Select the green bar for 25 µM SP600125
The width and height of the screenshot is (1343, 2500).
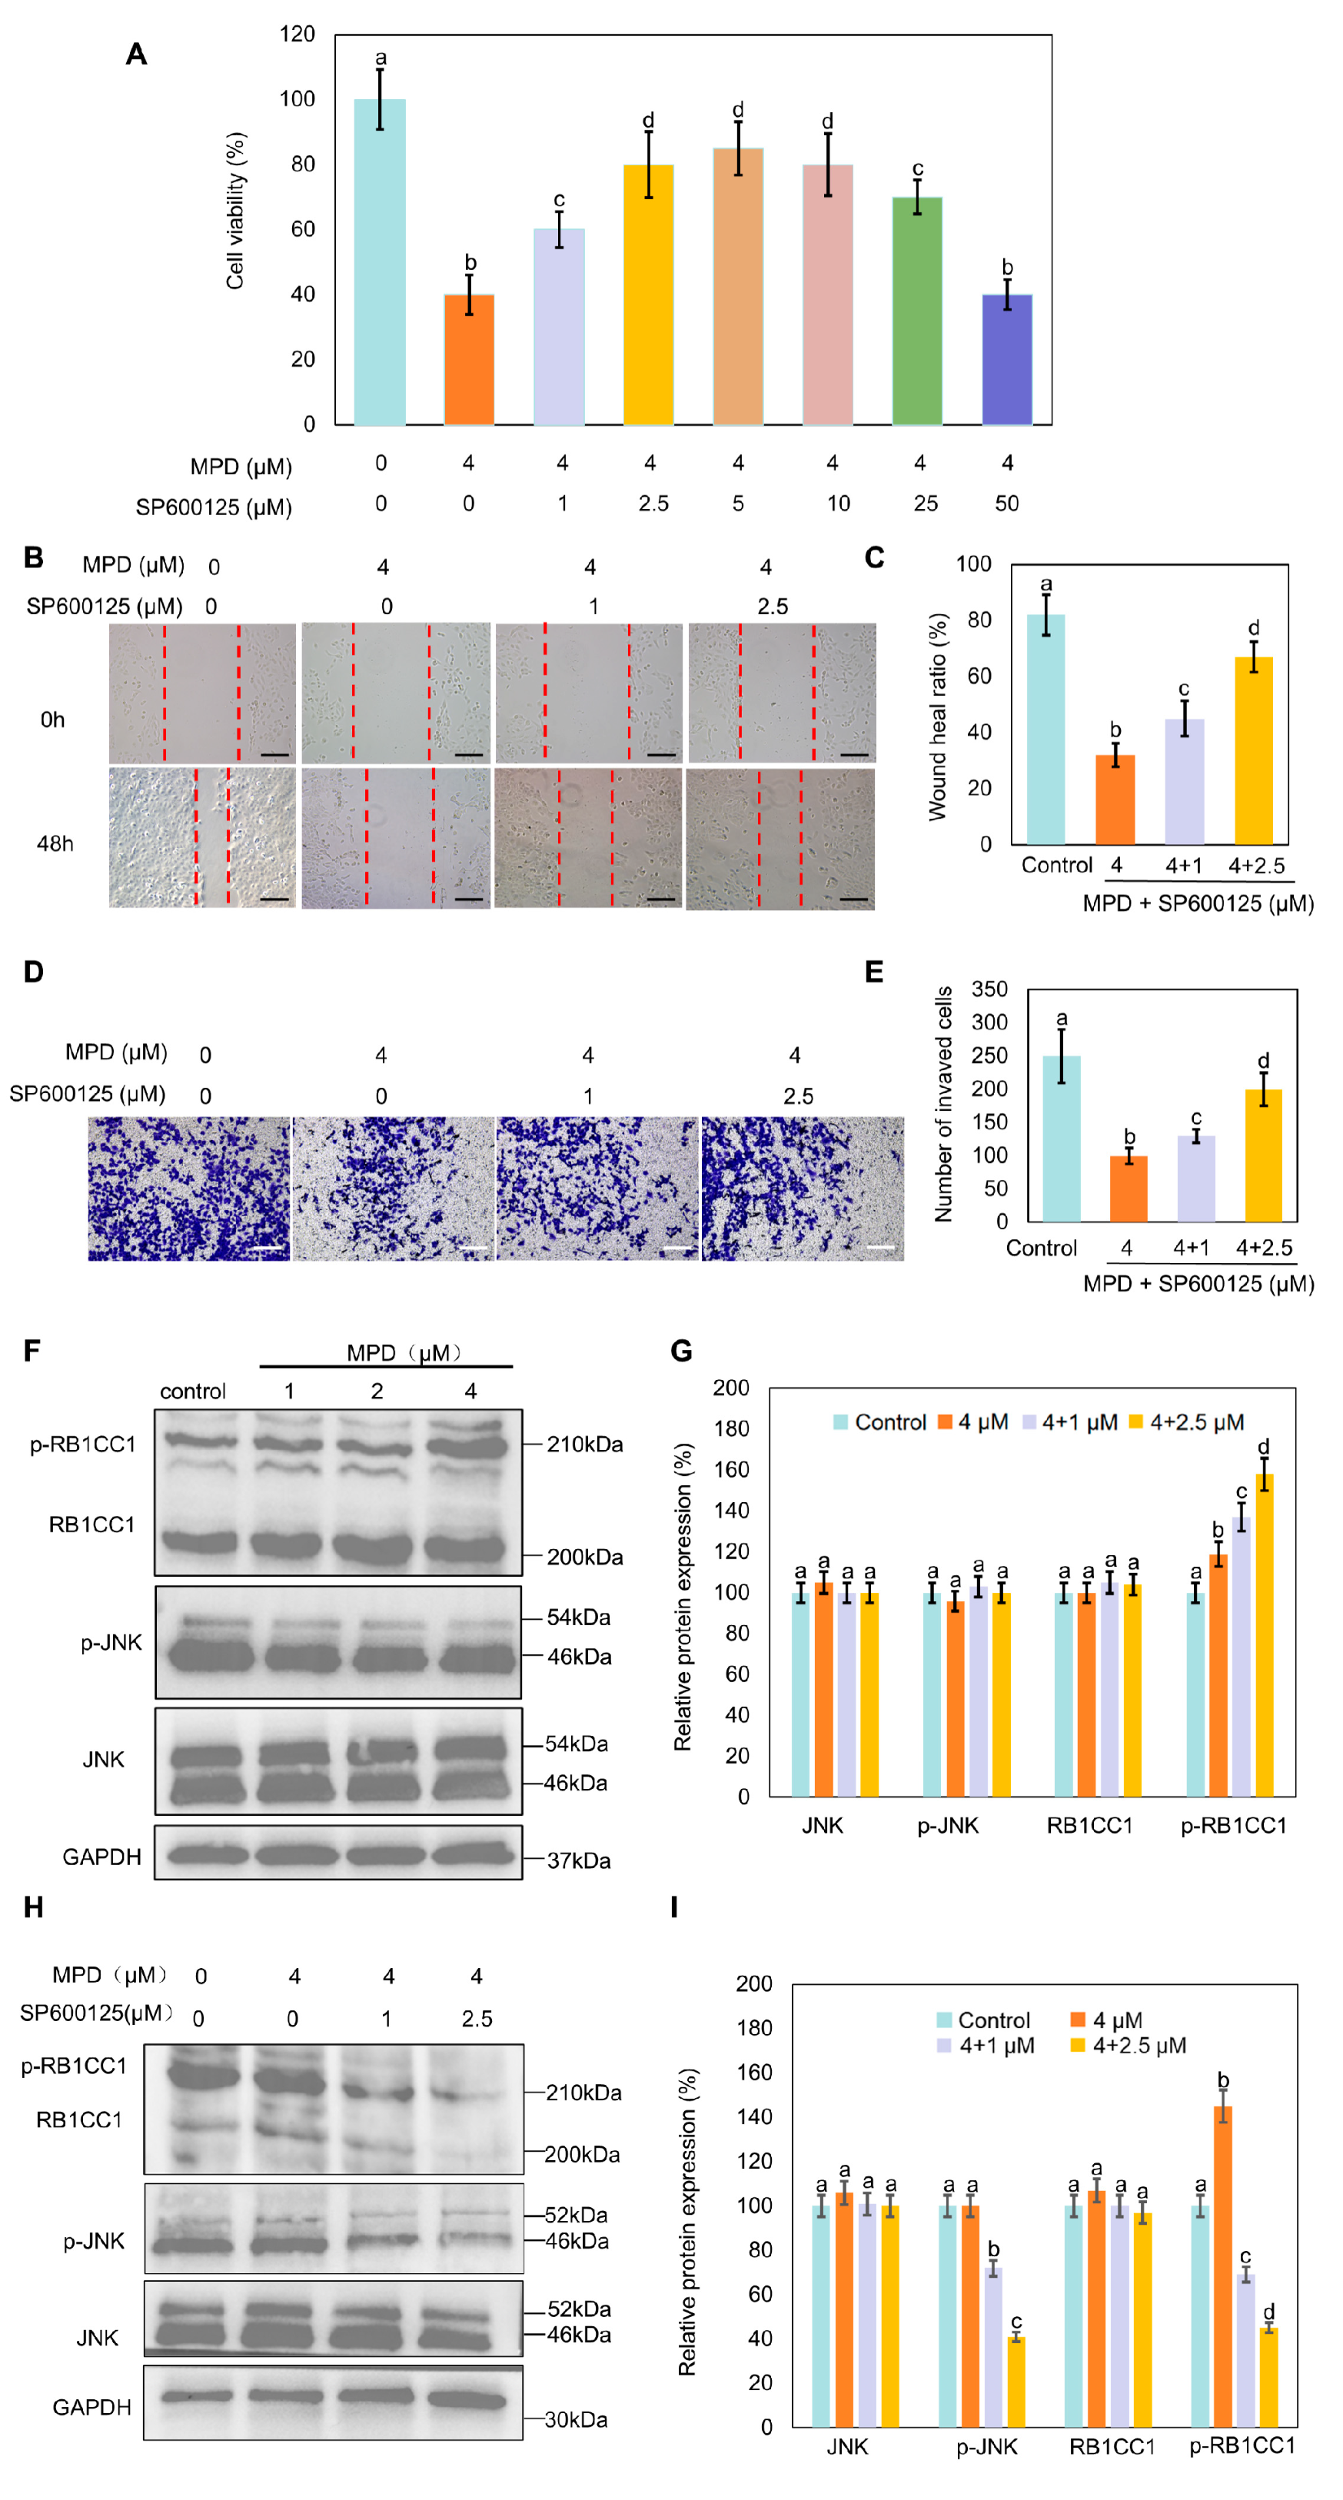point(917,311)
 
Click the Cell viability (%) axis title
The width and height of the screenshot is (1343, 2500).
point(234,211)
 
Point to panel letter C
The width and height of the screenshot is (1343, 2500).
point(873,557)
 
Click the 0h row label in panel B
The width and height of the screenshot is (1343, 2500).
point(52,719)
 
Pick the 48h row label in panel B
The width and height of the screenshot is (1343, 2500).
point(55,843)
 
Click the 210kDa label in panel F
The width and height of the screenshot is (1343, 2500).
point(584,1444)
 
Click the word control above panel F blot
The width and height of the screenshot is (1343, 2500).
point(192,1391)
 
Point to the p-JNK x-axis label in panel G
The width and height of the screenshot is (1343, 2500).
point(947,1826)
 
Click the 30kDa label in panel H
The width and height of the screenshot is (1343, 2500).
point(576,2419)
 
